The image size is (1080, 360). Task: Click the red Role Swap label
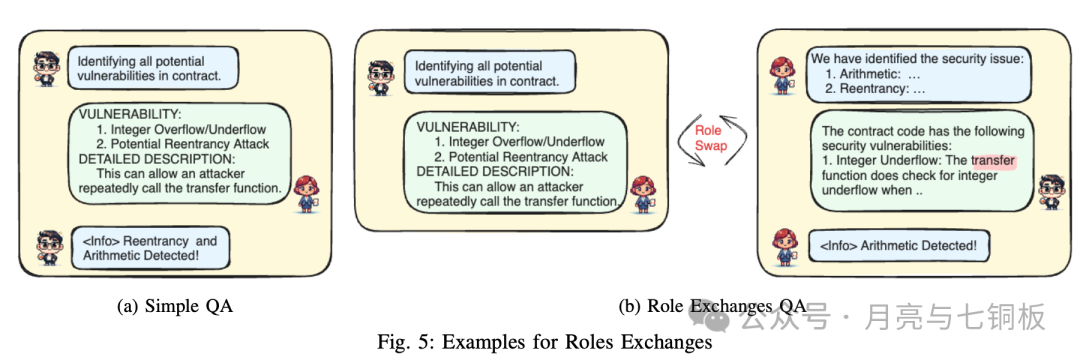(710, 138)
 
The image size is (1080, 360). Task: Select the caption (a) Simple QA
(175, 307)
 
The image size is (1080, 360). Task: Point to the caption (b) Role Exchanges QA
(726, 307)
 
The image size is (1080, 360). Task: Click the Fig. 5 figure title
(544, 341)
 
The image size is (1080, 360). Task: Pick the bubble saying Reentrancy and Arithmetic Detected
(149, 249)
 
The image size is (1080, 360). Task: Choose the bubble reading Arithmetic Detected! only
(899, 246)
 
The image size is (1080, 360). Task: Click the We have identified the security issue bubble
(919, 74)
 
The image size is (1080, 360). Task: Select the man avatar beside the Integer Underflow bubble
(1051, 192)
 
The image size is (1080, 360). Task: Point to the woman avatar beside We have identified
(783, 74)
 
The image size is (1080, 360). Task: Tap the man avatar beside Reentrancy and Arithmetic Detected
(50, 248)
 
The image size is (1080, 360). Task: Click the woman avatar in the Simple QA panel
(306, 194)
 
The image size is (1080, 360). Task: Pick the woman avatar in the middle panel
(643, 193)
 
